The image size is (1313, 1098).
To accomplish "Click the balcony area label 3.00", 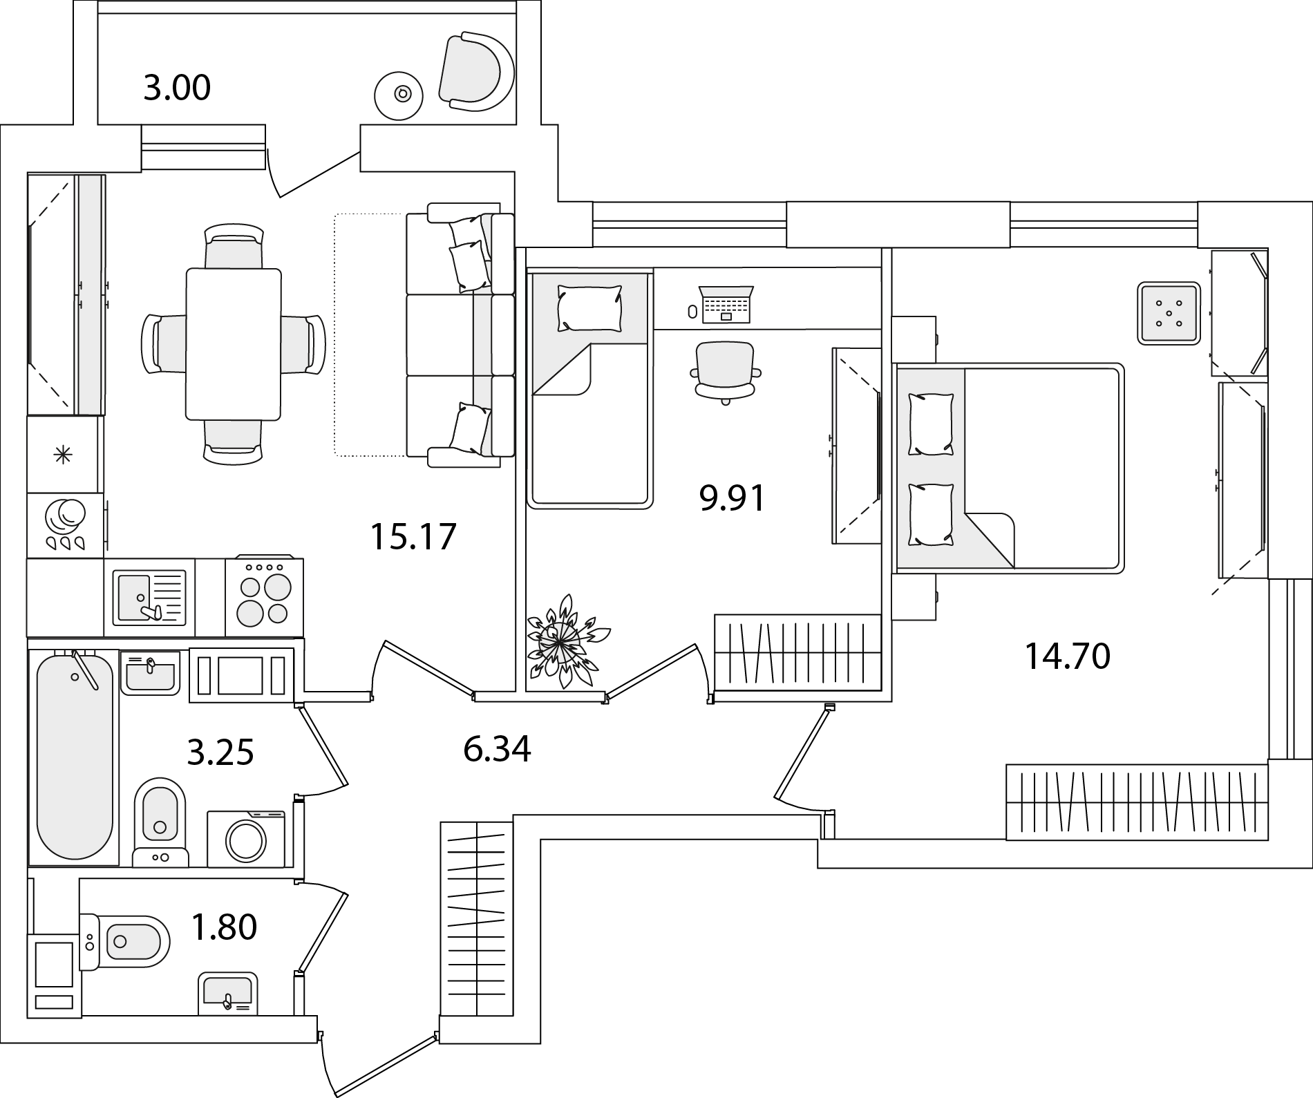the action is (x=177, y=89).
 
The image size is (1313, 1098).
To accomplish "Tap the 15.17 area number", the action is (x=413, y=536).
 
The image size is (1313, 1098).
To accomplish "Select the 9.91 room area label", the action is (x=733, y=498).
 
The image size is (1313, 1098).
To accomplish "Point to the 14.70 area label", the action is (x=1067, y=656).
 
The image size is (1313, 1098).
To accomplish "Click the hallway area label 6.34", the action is (x=498, y=749).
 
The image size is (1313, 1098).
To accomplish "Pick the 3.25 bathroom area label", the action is (x=221, y=752).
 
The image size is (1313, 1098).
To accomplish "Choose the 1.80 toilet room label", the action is (x=224, y=927).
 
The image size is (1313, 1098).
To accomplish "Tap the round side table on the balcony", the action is (x=398, y=94).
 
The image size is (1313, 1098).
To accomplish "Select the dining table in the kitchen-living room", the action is (x=234, y=344).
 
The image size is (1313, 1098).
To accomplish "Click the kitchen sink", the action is (x=150, y=596).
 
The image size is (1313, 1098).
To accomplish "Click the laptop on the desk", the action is (x=726, y=304).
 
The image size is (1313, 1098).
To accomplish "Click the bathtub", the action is (x=74, y=756).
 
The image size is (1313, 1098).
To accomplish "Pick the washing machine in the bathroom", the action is (x=247, y=838).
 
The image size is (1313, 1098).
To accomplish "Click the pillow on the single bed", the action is (x=589, y=309).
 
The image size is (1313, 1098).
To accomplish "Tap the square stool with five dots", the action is (x=1168, y=313).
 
